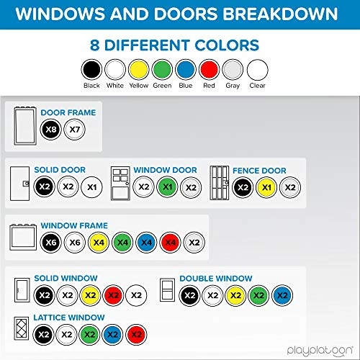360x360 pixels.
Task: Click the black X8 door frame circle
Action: pos(50,130)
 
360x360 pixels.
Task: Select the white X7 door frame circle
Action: pos(74,130)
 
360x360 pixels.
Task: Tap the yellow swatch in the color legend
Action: pos(138,70)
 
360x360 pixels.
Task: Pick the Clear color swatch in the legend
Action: pos(257,70)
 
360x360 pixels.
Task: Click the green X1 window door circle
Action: pos(167,187)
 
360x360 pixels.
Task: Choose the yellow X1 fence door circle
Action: pos(266,187)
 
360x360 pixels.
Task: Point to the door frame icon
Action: pos(25,126)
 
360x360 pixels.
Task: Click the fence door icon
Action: pos(220,183)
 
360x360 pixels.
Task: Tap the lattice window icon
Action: pos(22,328)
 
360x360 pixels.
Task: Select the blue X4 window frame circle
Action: pos(146,243)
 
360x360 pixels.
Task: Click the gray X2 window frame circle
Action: pos(194,243)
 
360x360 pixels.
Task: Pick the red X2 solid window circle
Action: pos(113,295)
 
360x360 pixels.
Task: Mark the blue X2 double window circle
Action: pos(282,295)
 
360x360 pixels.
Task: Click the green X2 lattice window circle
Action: pos(90,335)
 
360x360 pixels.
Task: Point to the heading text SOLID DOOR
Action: pos(60,170)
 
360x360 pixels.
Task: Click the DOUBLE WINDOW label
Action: pos(216,279)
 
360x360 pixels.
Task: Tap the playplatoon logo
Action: pos(320,351)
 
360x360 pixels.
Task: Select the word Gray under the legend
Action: pos(233,86)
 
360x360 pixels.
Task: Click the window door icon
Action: pos(120,184)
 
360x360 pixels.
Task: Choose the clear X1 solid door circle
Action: pos(91,187)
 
